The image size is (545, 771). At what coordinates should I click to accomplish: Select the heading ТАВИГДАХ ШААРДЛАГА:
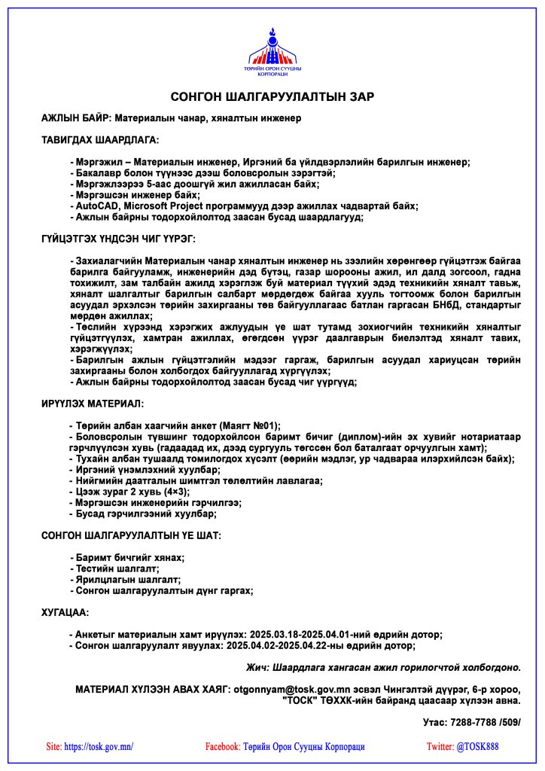pyautogui.click(x=100, y=140)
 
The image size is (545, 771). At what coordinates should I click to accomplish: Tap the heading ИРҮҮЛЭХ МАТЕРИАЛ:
pyautogui.click(x=93, y=404)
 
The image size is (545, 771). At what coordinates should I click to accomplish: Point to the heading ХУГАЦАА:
pyautogui.click(x=65, y=613)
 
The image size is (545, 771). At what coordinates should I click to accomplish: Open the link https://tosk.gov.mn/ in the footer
pyautogui.click(x=99, y=747)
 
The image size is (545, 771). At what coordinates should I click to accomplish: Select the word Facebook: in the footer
pyautogui.click(x=223, y=747)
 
